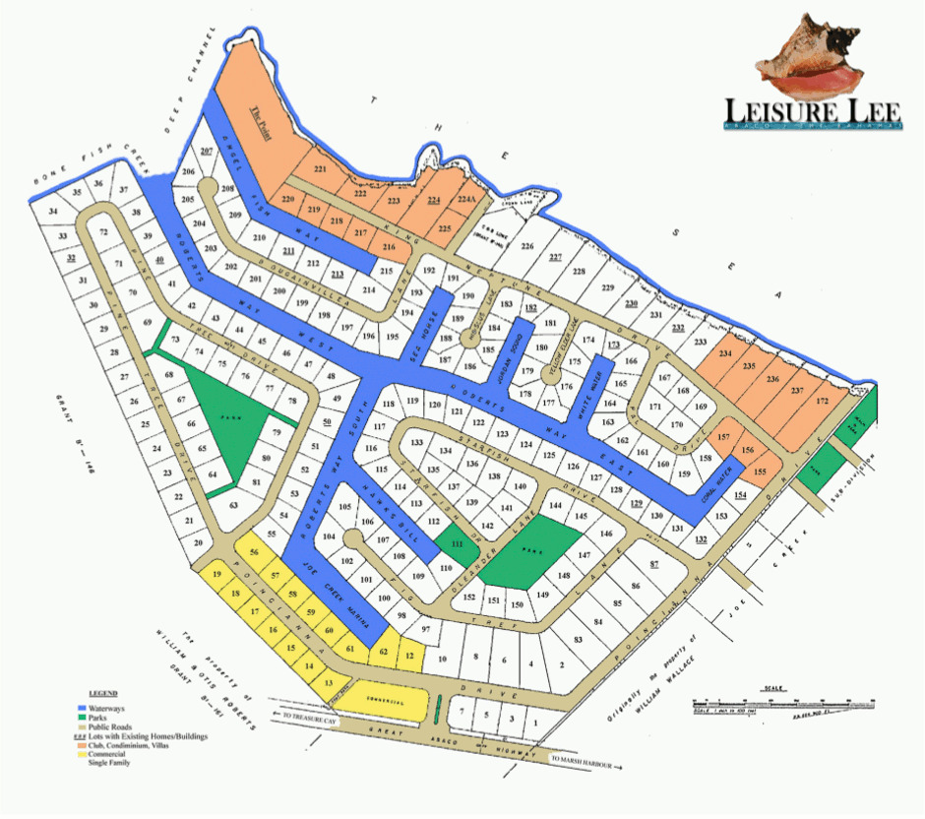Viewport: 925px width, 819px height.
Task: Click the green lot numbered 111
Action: (x=456, y=543)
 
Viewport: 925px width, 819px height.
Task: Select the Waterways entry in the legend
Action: (x=114, y=708)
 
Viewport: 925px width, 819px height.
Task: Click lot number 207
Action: (x=207, y=152)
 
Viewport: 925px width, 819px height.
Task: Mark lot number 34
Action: (x=53, y=212)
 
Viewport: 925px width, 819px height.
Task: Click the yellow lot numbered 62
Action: (x=385, y=652)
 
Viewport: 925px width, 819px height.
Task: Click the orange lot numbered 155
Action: (x=759, y=472)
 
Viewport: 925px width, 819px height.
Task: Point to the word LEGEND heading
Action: (x=103, y=693)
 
